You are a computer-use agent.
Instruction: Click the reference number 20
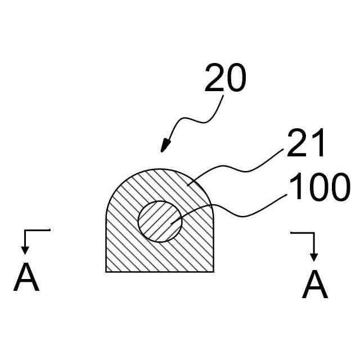(225, 79)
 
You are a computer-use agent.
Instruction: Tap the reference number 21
(305, 144)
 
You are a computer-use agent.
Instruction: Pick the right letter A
(314, 285)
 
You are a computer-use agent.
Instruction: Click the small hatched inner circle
(160, 221)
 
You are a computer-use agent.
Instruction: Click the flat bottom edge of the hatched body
(160, 272)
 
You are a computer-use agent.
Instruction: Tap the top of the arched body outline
(160, 169)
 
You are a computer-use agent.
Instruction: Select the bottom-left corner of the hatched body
(106, 272)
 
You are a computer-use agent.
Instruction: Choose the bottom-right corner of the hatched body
(213, 272)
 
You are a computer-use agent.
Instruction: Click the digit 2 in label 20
(215, 79)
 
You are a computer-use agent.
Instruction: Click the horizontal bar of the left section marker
(37, 230)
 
